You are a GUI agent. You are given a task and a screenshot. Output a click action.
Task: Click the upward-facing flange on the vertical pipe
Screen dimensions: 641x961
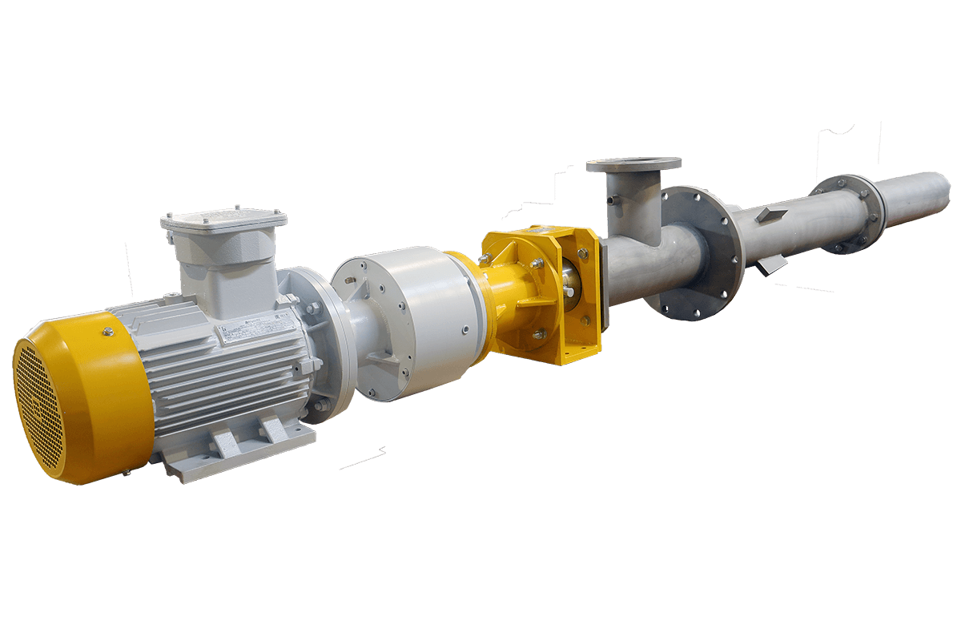633,165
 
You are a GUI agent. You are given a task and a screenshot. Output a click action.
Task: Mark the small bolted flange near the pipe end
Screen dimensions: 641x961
849,212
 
